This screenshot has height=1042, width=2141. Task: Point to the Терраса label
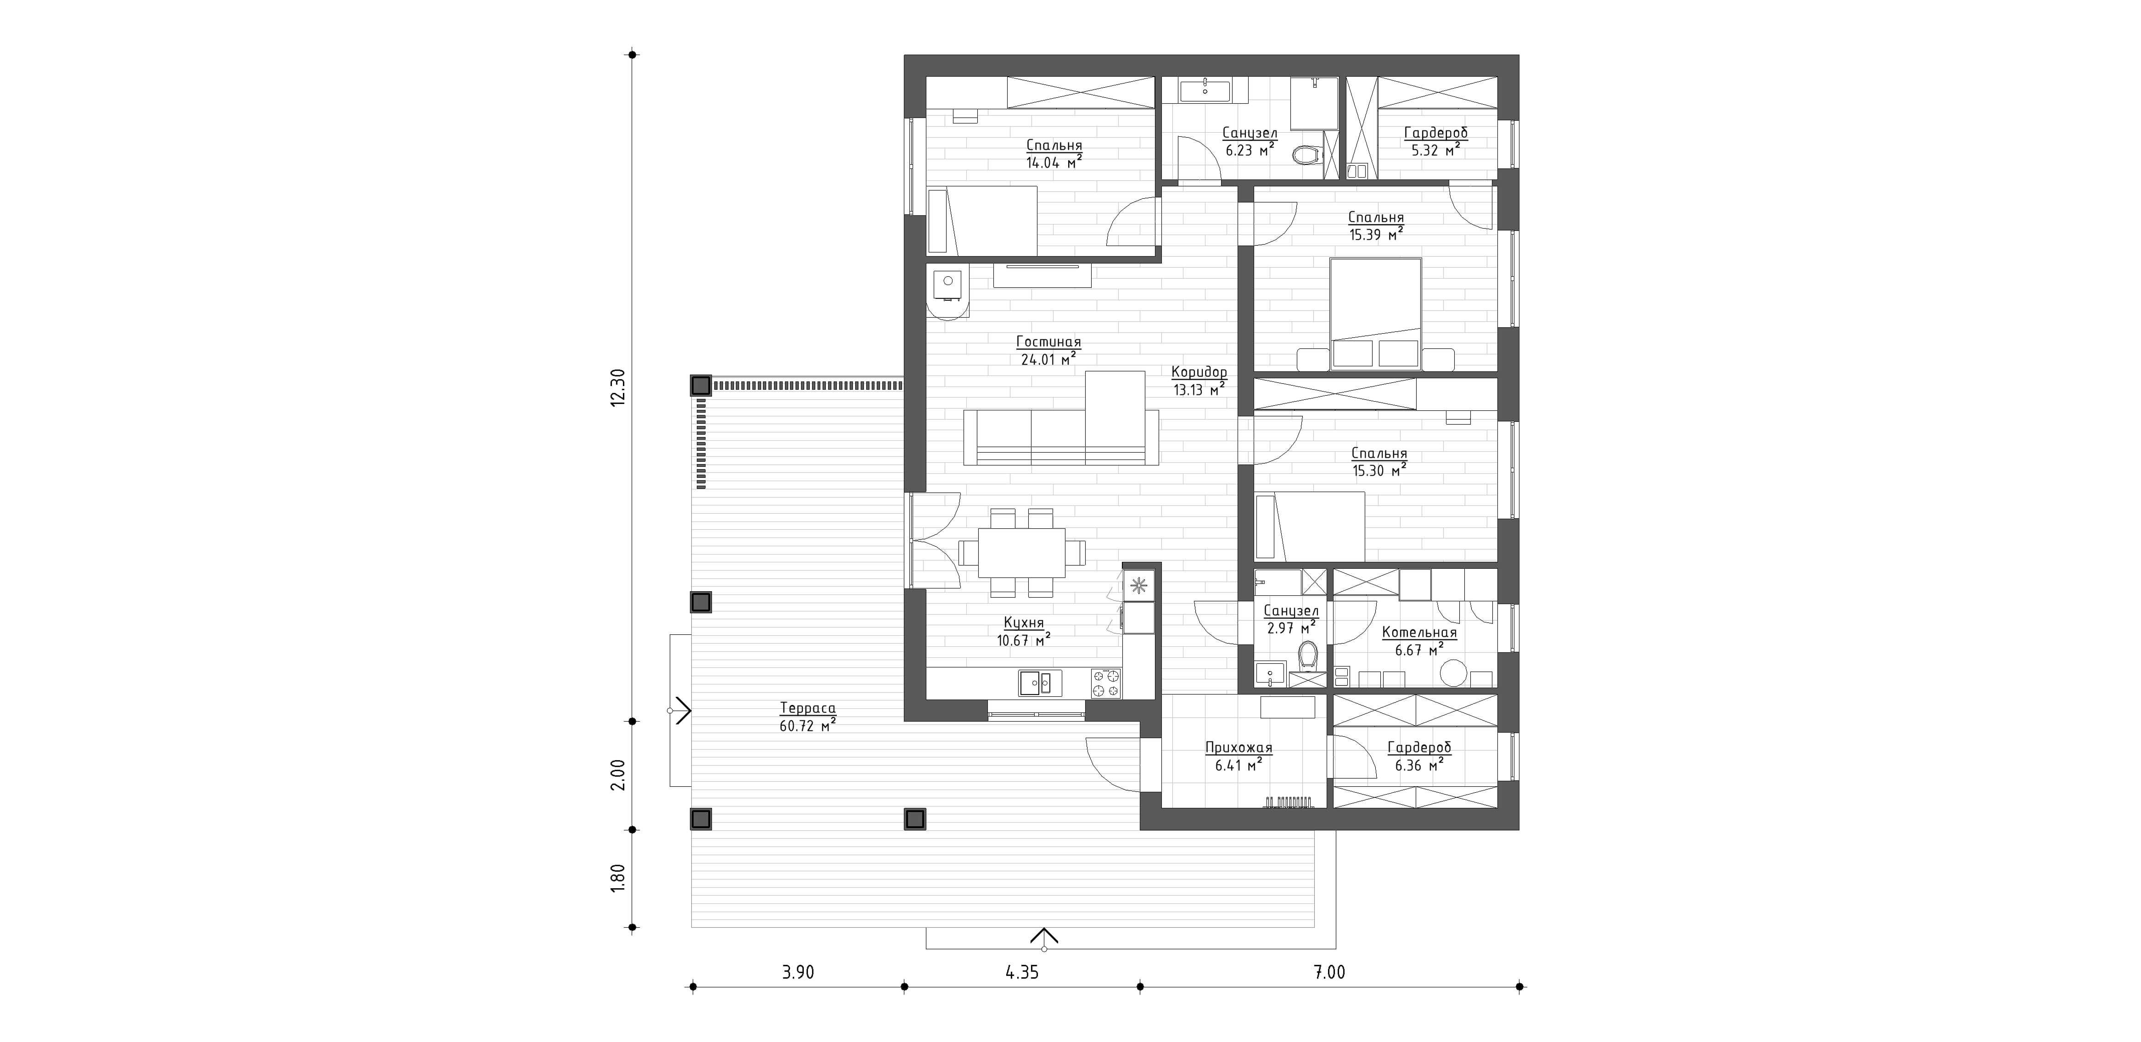point(808,709)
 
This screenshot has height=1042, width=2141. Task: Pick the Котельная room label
point(1419,633)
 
